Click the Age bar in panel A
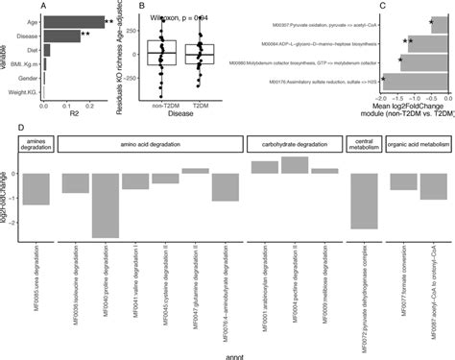point(73,18)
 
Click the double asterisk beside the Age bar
point(110,19)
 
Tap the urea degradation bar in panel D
point(36,188)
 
